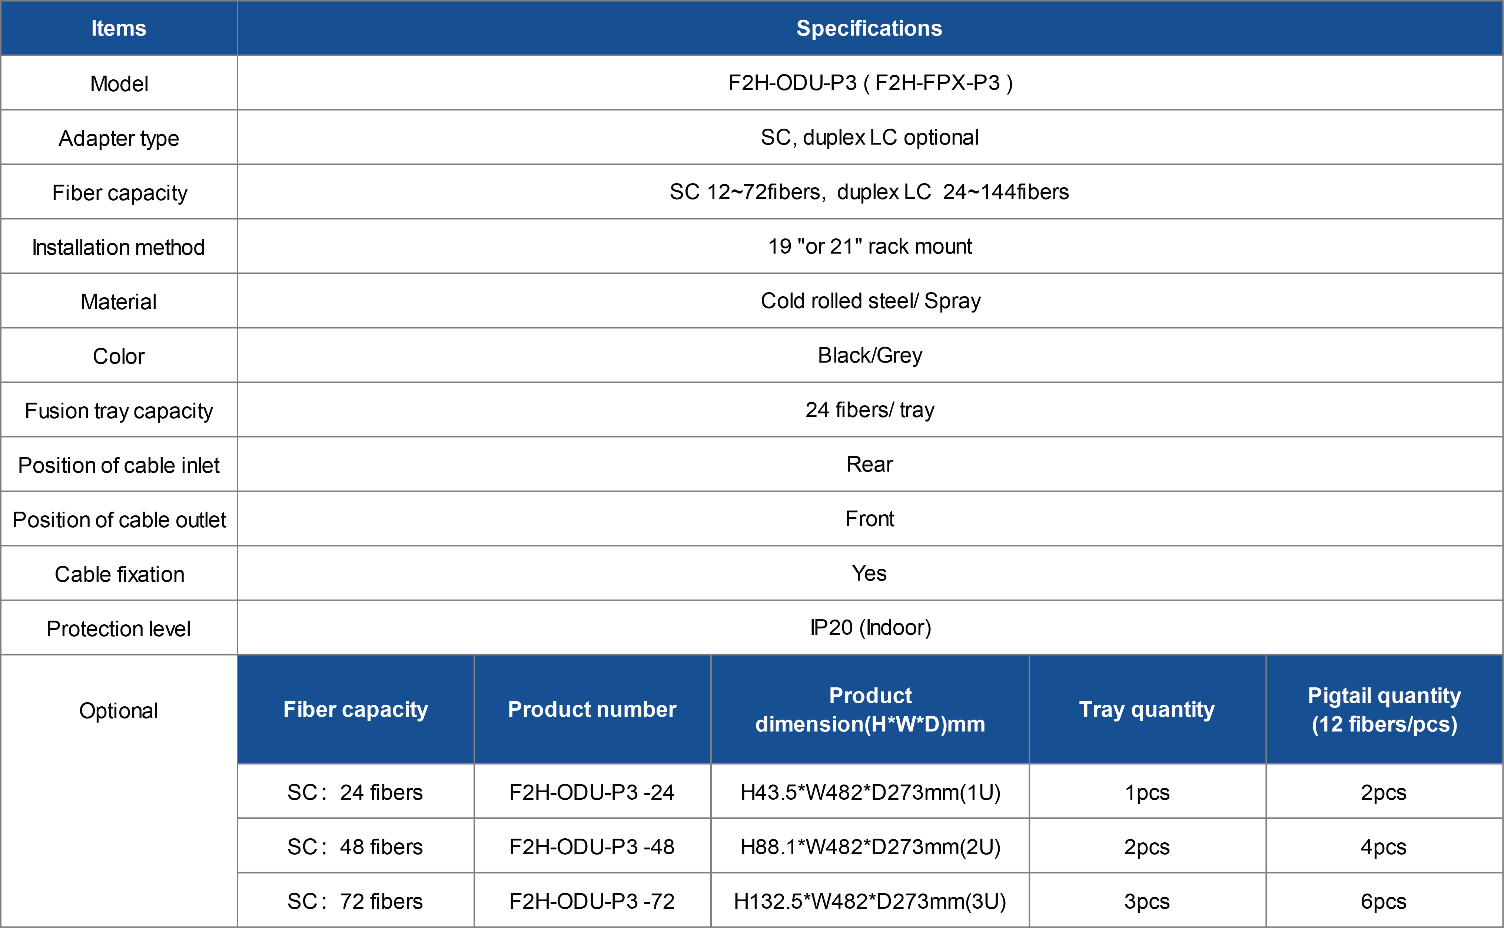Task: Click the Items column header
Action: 118,28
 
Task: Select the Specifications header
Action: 869,28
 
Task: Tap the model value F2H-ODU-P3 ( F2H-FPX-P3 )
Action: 870,83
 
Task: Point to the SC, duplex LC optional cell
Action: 869,138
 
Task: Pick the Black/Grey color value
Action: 870,355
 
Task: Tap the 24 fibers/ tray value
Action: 870,410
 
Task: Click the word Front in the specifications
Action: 870,519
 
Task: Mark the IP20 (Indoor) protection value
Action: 870,628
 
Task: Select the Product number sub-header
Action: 592,710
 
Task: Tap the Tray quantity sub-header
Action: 1147,710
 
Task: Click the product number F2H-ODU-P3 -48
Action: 592,847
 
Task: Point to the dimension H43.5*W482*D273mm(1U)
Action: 870,792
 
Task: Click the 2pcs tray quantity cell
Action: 1147,847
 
